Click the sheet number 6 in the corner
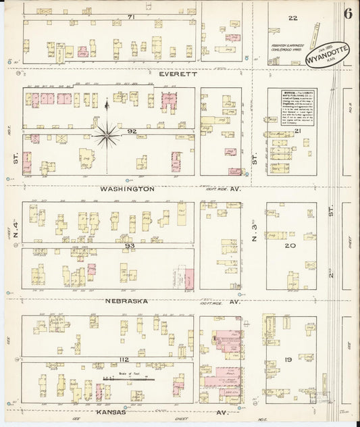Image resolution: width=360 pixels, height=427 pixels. click(x=346, y=14)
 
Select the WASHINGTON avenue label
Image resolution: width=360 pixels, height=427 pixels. click(x=127, y=189)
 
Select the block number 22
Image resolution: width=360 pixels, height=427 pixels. click(x=292, y=17)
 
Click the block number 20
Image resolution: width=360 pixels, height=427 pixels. click(x=292, y=247)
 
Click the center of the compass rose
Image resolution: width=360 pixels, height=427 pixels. click(x=107, y=136)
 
